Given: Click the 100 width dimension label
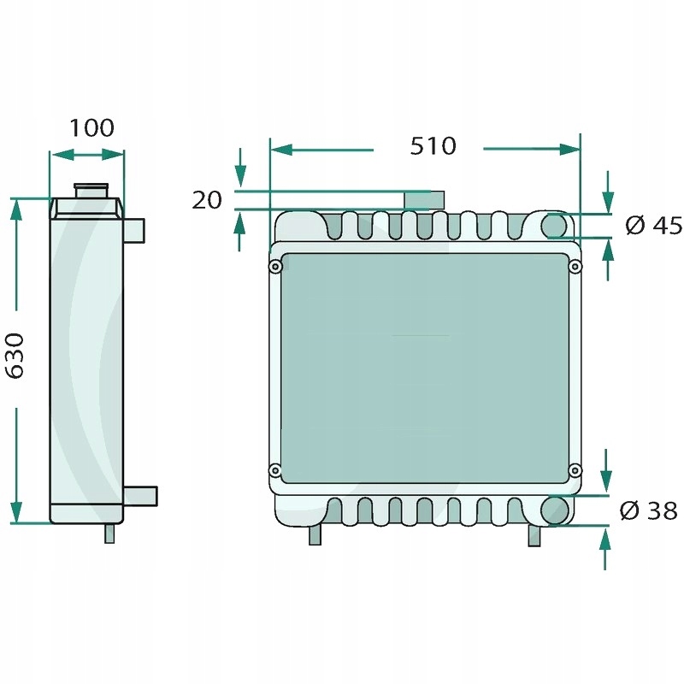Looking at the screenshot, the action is [x=91, y=127].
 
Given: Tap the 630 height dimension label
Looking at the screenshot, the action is [x=15, y=356].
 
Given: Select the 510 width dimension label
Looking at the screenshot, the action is [x=433, y=145].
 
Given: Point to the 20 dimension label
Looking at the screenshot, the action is [x=207, y=200].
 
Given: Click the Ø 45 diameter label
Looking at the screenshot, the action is [x=653, y=226].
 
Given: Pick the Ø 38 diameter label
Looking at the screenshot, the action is [x=648, y=510].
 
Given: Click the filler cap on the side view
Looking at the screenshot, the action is [x=91, y=191].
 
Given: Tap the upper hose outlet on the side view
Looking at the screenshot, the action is [x=134, y=231].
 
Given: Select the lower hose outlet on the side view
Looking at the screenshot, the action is [x=140, y=496].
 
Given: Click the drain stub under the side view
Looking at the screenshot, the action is [x=109, y=533].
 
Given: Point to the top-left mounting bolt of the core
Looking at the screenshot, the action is [x=275, y=266].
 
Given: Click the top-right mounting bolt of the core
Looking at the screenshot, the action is [x=575, y=266].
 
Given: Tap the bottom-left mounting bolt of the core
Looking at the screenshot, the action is [x=275, y=470].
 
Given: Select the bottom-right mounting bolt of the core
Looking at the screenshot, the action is [x=575, y=470].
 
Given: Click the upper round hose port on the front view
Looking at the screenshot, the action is [x=554, y=226].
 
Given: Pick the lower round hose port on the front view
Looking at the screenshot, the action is [x=555, y=510].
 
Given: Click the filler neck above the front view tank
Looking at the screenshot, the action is [x=424, y=200].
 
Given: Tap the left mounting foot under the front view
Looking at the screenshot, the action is [x=315, y=534].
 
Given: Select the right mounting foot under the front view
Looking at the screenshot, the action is [x=534, y=535].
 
